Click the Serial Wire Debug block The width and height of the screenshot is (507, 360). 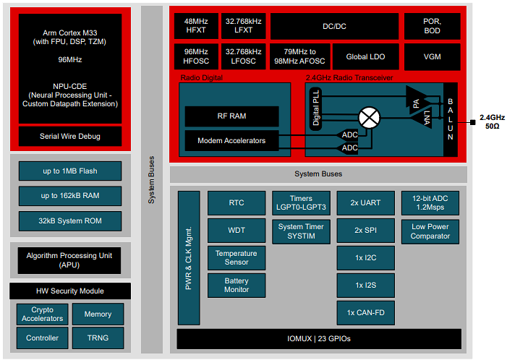(70, 136)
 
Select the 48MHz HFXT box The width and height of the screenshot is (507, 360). (196, 26)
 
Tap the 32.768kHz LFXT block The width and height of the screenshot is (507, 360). (243, 26)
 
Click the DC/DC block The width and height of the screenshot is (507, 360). (334, 26)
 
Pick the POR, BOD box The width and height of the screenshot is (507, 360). (432, 26)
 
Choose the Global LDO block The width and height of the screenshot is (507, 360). (367, 57)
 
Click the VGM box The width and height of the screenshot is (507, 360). (432, 57)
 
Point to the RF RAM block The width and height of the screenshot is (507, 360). (231, 116)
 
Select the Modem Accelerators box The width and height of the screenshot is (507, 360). (231, 140)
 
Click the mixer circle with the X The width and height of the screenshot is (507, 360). (370, 117)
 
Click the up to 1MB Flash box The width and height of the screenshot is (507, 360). (70, 171)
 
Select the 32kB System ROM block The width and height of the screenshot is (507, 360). (70, 220)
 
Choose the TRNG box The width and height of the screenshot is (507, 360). (98, 338)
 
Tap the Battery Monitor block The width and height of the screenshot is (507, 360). (237, 286)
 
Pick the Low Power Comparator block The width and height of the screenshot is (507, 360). (430, 231)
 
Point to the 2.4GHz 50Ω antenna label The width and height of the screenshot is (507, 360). (491, 121)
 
